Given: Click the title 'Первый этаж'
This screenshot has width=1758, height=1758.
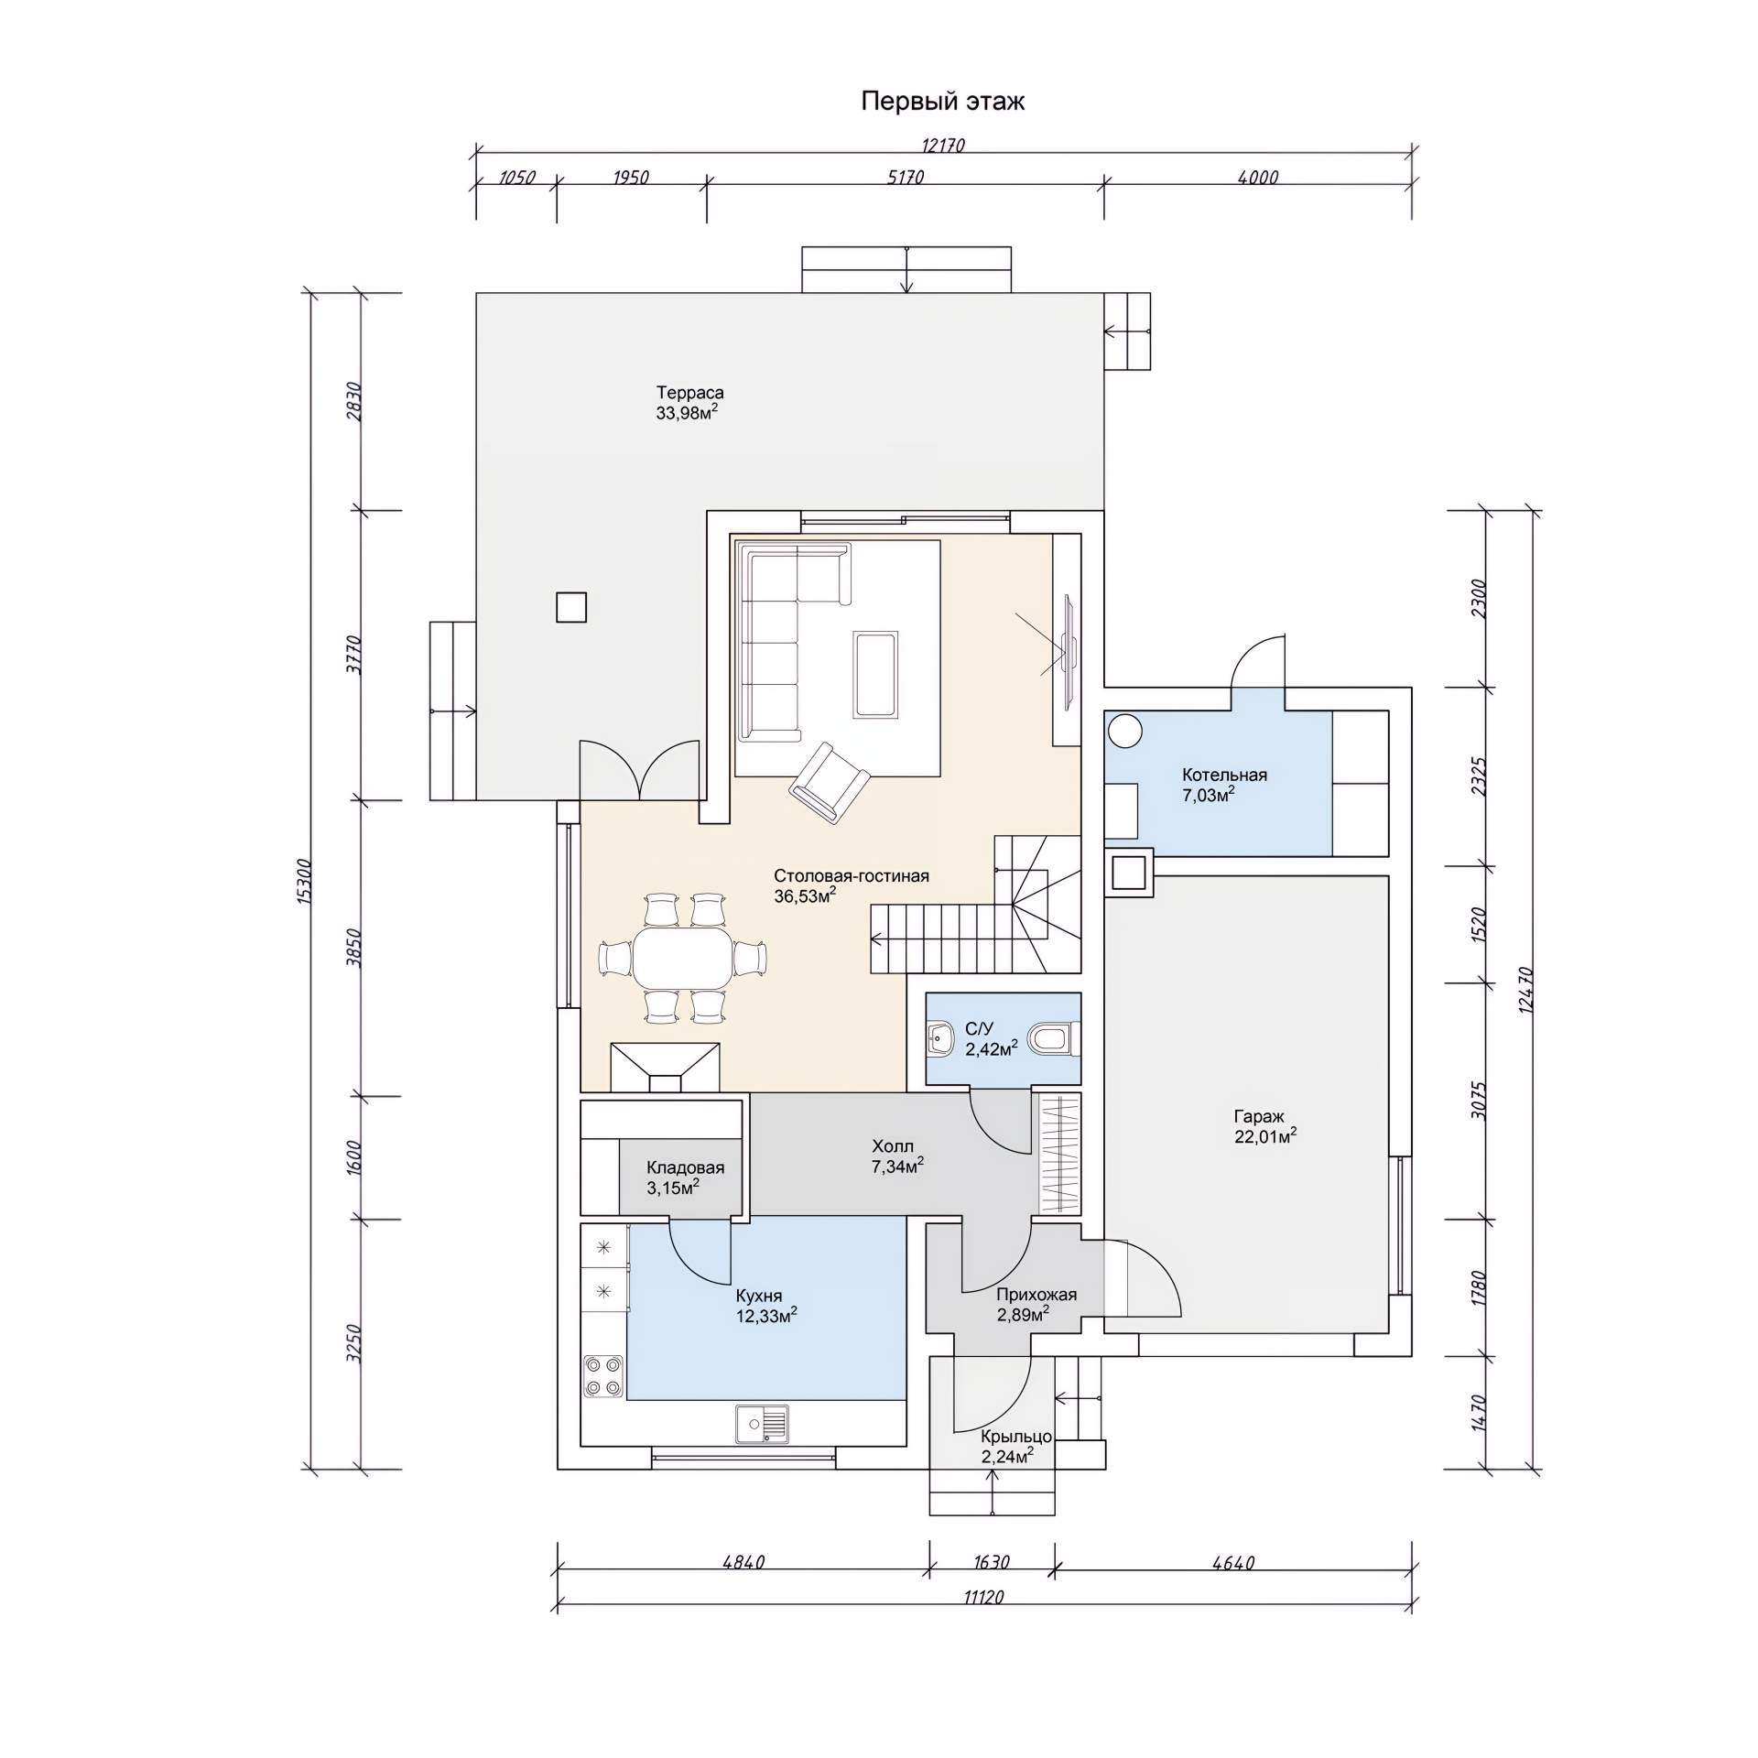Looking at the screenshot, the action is pos(942,101).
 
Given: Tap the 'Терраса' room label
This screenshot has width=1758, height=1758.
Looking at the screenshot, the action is pos(689,393).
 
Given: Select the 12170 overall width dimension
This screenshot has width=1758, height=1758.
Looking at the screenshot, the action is pos(943,145).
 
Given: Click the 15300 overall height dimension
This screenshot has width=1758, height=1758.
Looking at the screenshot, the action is pos(305,882).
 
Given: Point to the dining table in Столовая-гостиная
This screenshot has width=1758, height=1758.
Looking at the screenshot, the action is pos(683,959).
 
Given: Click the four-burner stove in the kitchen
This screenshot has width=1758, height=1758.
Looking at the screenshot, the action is pos(603,1375).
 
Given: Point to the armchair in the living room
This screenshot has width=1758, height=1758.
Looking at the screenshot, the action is pos(829,782).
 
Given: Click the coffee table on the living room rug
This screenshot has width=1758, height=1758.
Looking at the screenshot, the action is pos(875,674).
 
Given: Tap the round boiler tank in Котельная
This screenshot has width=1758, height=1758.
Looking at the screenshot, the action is pos(1125,731).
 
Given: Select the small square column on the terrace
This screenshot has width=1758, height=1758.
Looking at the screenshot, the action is pos(571,607).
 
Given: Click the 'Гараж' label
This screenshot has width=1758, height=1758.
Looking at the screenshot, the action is pos(1259,1117).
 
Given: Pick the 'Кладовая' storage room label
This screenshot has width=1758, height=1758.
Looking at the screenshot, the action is pos(685,1167).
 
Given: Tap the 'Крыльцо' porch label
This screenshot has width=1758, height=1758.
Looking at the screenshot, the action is pos(1016,1437).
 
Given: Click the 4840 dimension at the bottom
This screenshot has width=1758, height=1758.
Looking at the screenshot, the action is pos(743,1563).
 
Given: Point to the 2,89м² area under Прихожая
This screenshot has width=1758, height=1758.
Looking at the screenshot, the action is pos(1023,1314).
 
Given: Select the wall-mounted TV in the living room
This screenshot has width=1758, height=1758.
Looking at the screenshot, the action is pos(1069,651).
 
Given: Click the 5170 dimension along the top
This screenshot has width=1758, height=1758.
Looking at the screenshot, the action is pos(906,177).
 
